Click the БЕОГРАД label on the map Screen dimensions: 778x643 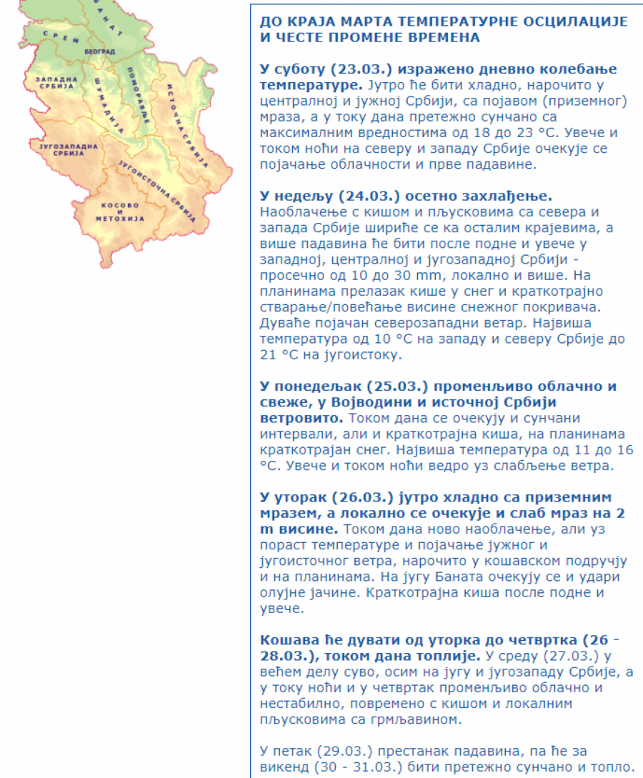click(x=99, y=53)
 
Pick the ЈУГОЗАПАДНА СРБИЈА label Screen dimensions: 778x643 click(x=64, y=150)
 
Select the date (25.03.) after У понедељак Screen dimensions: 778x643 click(x=397, y=386)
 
